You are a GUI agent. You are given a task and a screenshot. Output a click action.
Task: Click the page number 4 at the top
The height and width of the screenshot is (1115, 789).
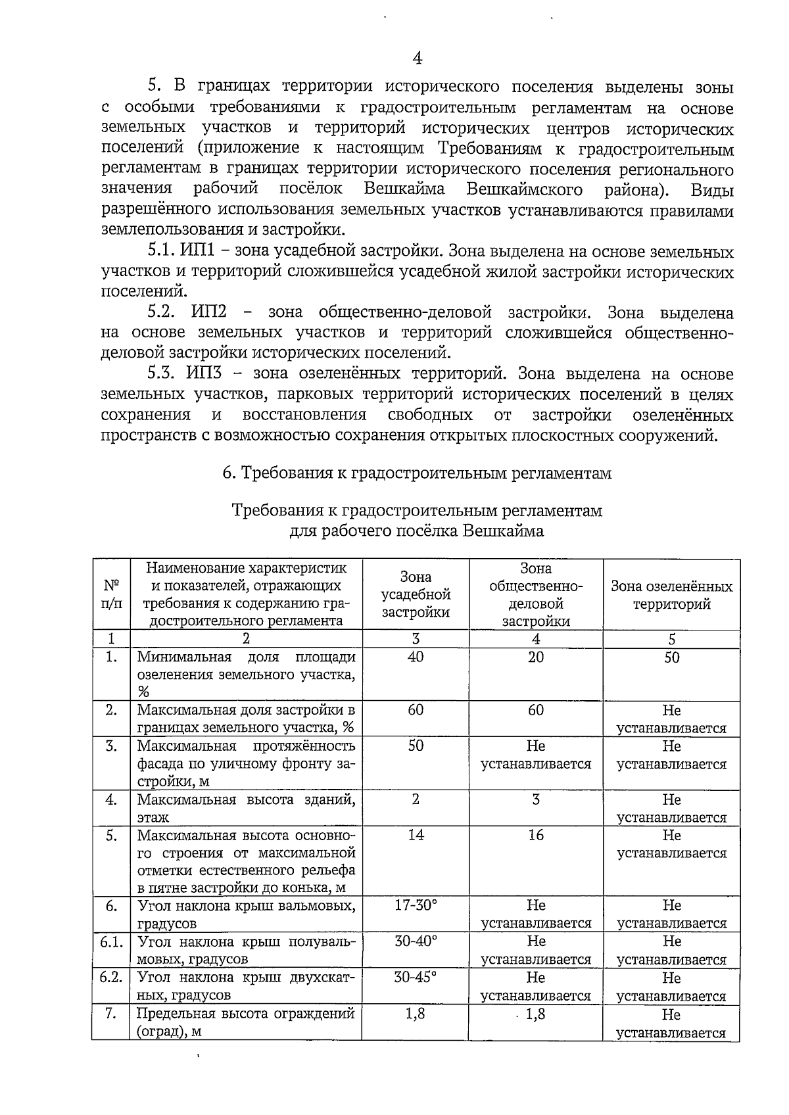point(417,59)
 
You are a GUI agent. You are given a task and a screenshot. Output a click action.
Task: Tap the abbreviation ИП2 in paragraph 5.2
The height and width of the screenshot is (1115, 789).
point(208,312)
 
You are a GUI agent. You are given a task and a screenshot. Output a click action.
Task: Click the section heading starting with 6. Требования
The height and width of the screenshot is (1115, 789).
point(417,473)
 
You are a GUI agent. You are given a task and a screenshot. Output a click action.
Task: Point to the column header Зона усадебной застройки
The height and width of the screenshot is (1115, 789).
point(416,594)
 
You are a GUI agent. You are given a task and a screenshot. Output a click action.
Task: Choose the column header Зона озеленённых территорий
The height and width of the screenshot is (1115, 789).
point(671,595)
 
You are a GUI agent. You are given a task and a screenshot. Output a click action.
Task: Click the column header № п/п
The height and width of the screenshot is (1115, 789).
point(111,594)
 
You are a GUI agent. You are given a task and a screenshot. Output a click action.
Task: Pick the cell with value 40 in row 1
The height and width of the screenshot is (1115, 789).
point(416,657)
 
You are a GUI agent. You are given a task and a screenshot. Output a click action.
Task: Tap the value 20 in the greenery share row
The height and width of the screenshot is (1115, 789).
point(536,657)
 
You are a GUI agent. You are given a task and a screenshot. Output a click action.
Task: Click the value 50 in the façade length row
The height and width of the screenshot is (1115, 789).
point(416,746)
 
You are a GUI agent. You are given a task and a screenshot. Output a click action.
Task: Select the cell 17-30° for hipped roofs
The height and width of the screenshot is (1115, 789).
point(416,905)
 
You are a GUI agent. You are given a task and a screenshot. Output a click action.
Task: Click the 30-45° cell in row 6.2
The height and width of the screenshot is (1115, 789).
point(416,977)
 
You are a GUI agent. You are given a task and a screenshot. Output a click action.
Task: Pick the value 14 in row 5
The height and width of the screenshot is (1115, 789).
point(416,835)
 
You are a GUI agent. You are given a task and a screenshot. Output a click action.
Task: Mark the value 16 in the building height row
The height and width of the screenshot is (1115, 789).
point(536,835)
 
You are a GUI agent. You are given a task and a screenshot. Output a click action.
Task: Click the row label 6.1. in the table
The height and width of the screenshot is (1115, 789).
point(111,941)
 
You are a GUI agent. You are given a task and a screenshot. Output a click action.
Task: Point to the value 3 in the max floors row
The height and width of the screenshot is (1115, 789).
point(536,799)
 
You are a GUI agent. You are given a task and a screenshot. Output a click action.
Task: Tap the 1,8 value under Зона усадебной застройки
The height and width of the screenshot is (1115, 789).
point(416,1014)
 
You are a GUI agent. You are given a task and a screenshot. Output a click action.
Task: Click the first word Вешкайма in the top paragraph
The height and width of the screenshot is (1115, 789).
point(404,189)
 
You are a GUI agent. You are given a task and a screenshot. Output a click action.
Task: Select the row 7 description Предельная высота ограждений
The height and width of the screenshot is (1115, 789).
point(246,1014)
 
